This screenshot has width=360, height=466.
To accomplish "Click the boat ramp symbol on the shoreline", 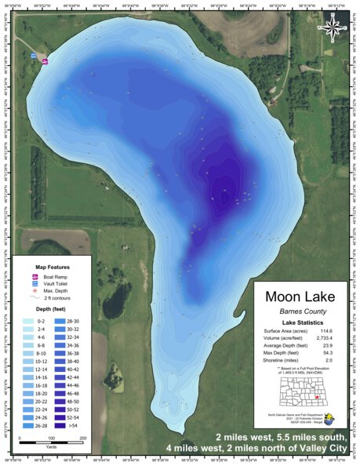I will pyautogui.click(x=45, y=60).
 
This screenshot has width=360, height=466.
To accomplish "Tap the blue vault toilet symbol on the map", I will pyautogui.click(x=34, y=56).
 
